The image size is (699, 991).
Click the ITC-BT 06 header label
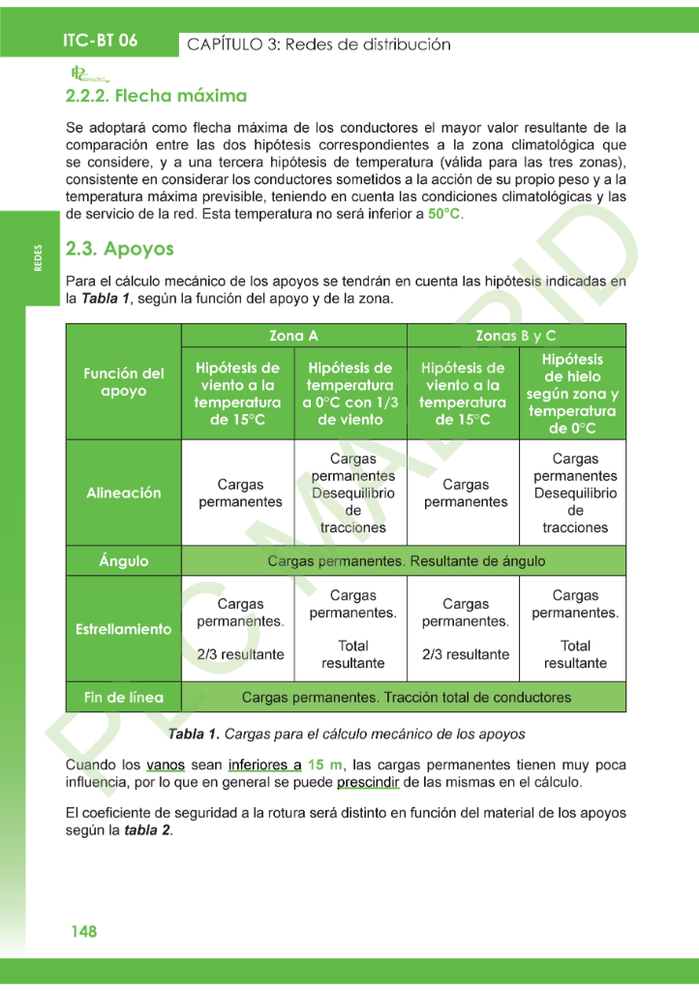[100, 41]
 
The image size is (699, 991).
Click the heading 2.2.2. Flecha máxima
[156, 96]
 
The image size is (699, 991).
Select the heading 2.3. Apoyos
[119, 249]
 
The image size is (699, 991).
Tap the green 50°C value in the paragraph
[444, 214]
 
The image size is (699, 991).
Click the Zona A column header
[293, 336]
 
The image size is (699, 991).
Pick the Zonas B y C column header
[516, 336]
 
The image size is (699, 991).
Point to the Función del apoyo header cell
[124, 382]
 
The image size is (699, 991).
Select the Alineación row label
[124, 493]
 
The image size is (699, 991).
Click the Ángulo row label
[124, 561]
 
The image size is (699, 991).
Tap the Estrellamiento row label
[124, 629]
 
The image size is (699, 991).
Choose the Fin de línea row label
[124, 697]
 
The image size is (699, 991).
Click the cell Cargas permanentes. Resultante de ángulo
[406, 561]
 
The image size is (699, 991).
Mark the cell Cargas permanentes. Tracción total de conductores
[406, 697]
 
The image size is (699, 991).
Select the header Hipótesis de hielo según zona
[572, 394]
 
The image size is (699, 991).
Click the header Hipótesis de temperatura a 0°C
[349, 394]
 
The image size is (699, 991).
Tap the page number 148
[83, 932]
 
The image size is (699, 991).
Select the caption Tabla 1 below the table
[347, 734]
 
